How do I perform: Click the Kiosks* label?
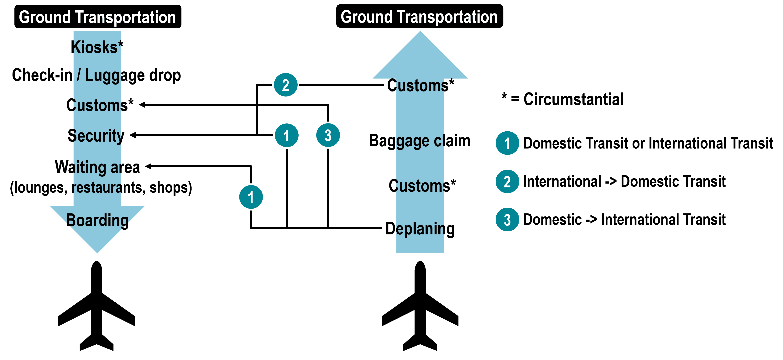[97, 47]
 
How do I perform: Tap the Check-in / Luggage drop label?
[96, 75]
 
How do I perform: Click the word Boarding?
[97, 220]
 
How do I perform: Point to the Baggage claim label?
[420, 141]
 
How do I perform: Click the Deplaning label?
[420, 229]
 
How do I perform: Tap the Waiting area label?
[97, 167]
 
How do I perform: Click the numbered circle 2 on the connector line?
[286, 85]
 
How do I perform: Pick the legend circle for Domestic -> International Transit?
[507, 220]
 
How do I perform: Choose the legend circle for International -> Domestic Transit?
[507, 181]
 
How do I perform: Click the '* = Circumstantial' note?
[562, 99]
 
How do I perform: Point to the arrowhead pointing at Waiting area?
[148, 166]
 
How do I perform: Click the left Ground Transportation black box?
[98, 17]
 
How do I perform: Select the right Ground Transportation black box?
[420, 16]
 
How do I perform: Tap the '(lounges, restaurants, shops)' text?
[101, 188]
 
